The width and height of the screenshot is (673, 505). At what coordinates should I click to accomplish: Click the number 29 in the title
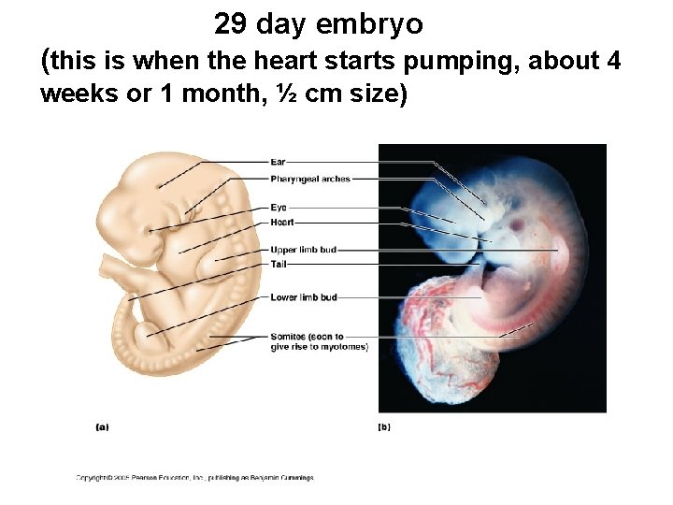(230, 23)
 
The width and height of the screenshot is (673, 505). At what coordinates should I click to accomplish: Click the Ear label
(278, 163)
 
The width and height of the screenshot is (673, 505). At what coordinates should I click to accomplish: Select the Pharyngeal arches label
(309, 179)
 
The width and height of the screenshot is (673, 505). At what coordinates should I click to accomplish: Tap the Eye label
(278, 207)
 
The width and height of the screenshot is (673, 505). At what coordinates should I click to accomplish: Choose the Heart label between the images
(281, 223)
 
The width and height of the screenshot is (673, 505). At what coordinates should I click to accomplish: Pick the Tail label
(278, 265)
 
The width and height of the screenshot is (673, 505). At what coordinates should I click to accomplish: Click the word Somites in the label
(288, 336)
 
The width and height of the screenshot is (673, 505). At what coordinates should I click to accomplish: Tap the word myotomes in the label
(342, 347)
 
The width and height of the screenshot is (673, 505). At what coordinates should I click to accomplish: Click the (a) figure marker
(102, 426)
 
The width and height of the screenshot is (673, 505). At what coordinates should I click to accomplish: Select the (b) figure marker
(383, 426)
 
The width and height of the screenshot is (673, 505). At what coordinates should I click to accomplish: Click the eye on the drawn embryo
(150, 229)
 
